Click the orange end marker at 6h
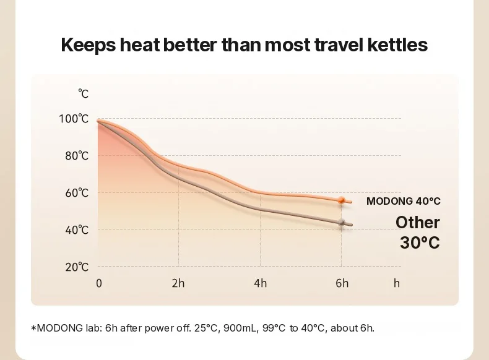342,200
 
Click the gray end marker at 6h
342,223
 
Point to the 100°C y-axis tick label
74,119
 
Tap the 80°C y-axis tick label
77,155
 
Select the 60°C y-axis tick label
77,193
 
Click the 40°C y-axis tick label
77,230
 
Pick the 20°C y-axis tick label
77,267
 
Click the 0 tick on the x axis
99,283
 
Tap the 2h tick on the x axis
178,283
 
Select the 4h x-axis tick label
261,283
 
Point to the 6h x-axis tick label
342,283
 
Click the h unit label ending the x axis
397,283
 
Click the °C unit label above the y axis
84,93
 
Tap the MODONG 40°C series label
403,201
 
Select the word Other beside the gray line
418,223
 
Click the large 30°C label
420,242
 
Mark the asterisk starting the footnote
33,328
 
